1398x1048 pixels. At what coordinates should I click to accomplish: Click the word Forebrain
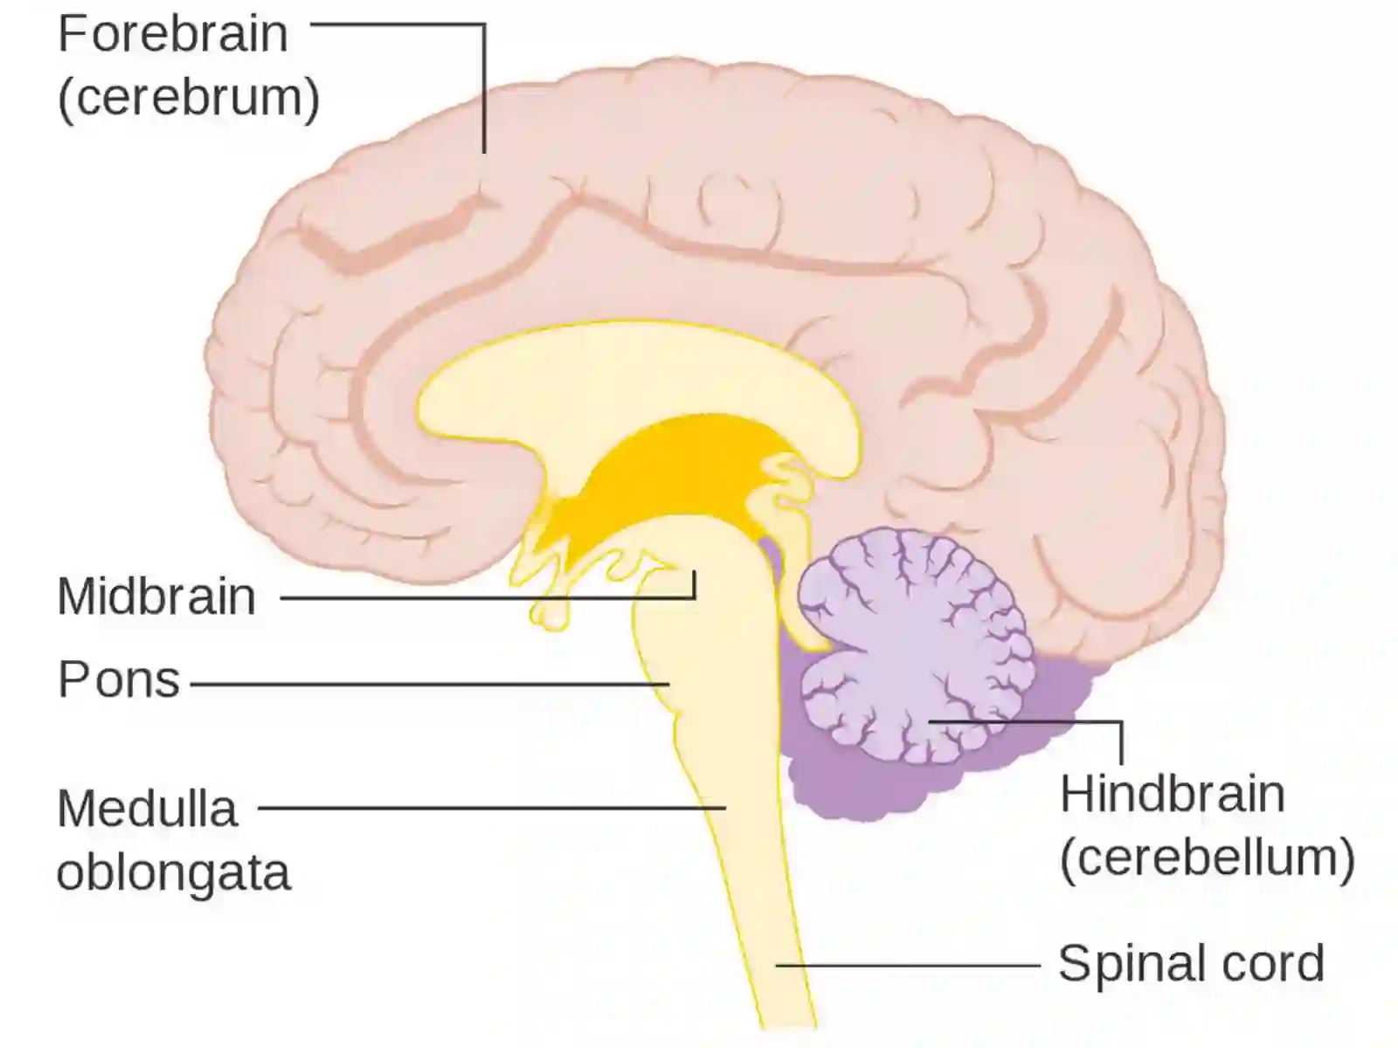[173, 34]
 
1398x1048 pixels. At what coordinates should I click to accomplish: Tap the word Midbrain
[156, 596]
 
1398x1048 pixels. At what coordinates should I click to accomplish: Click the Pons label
[119, 679]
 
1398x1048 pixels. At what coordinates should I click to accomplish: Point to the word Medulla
[148, 808]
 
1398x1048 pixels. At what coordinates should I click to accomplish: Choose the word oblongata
[174, 873]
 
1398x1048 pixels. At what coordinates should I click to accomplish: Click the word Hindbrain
[1173, 795]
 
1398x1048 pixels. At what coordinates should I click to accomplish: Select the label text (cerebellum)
[1208, 858]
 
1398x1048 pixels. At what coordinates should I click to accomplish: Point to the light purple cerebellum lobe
[910, 643]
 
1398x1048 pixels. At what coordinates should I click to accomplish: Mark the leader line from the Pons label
[430, 685]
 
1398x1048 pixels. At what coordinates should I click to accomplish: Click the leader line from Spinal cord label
[908, 965]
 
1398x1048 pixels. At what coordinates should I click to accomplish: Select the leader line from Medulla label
[492, 808]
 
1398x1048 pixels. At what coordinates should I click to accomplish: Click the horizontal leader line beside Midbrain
[488, 597]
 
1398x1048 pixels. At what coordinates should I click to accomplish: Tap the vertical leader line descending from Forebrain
[484, 89]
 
